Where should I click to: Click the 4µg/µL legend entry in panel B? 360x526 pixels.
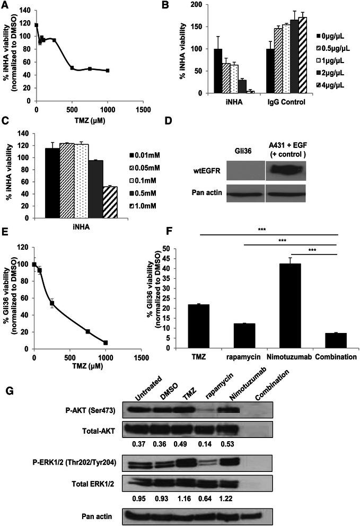point(329,85)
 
